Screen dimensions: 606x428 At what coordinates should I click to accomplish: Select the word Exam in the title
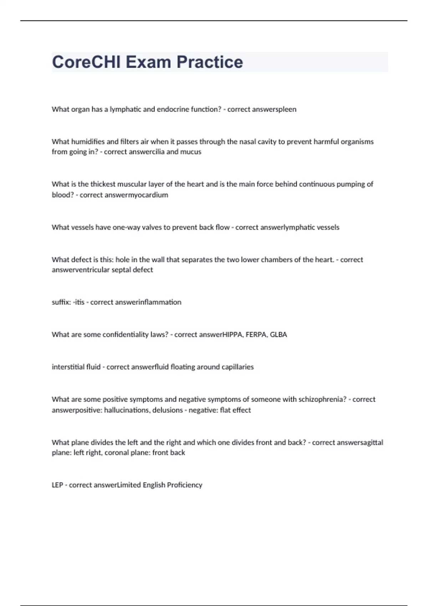148,62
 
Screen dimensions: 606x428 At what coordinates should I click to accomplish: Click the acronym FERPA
255,334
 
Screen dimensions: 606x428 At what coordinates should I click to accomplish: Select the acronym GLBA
278,334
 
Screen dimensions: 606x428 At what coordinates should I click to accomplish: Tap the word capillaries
238,367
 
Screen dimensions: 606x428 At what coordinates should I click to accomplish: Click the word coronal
116,452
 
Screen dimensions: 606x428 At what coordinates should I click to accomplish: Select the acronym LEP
57,485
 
